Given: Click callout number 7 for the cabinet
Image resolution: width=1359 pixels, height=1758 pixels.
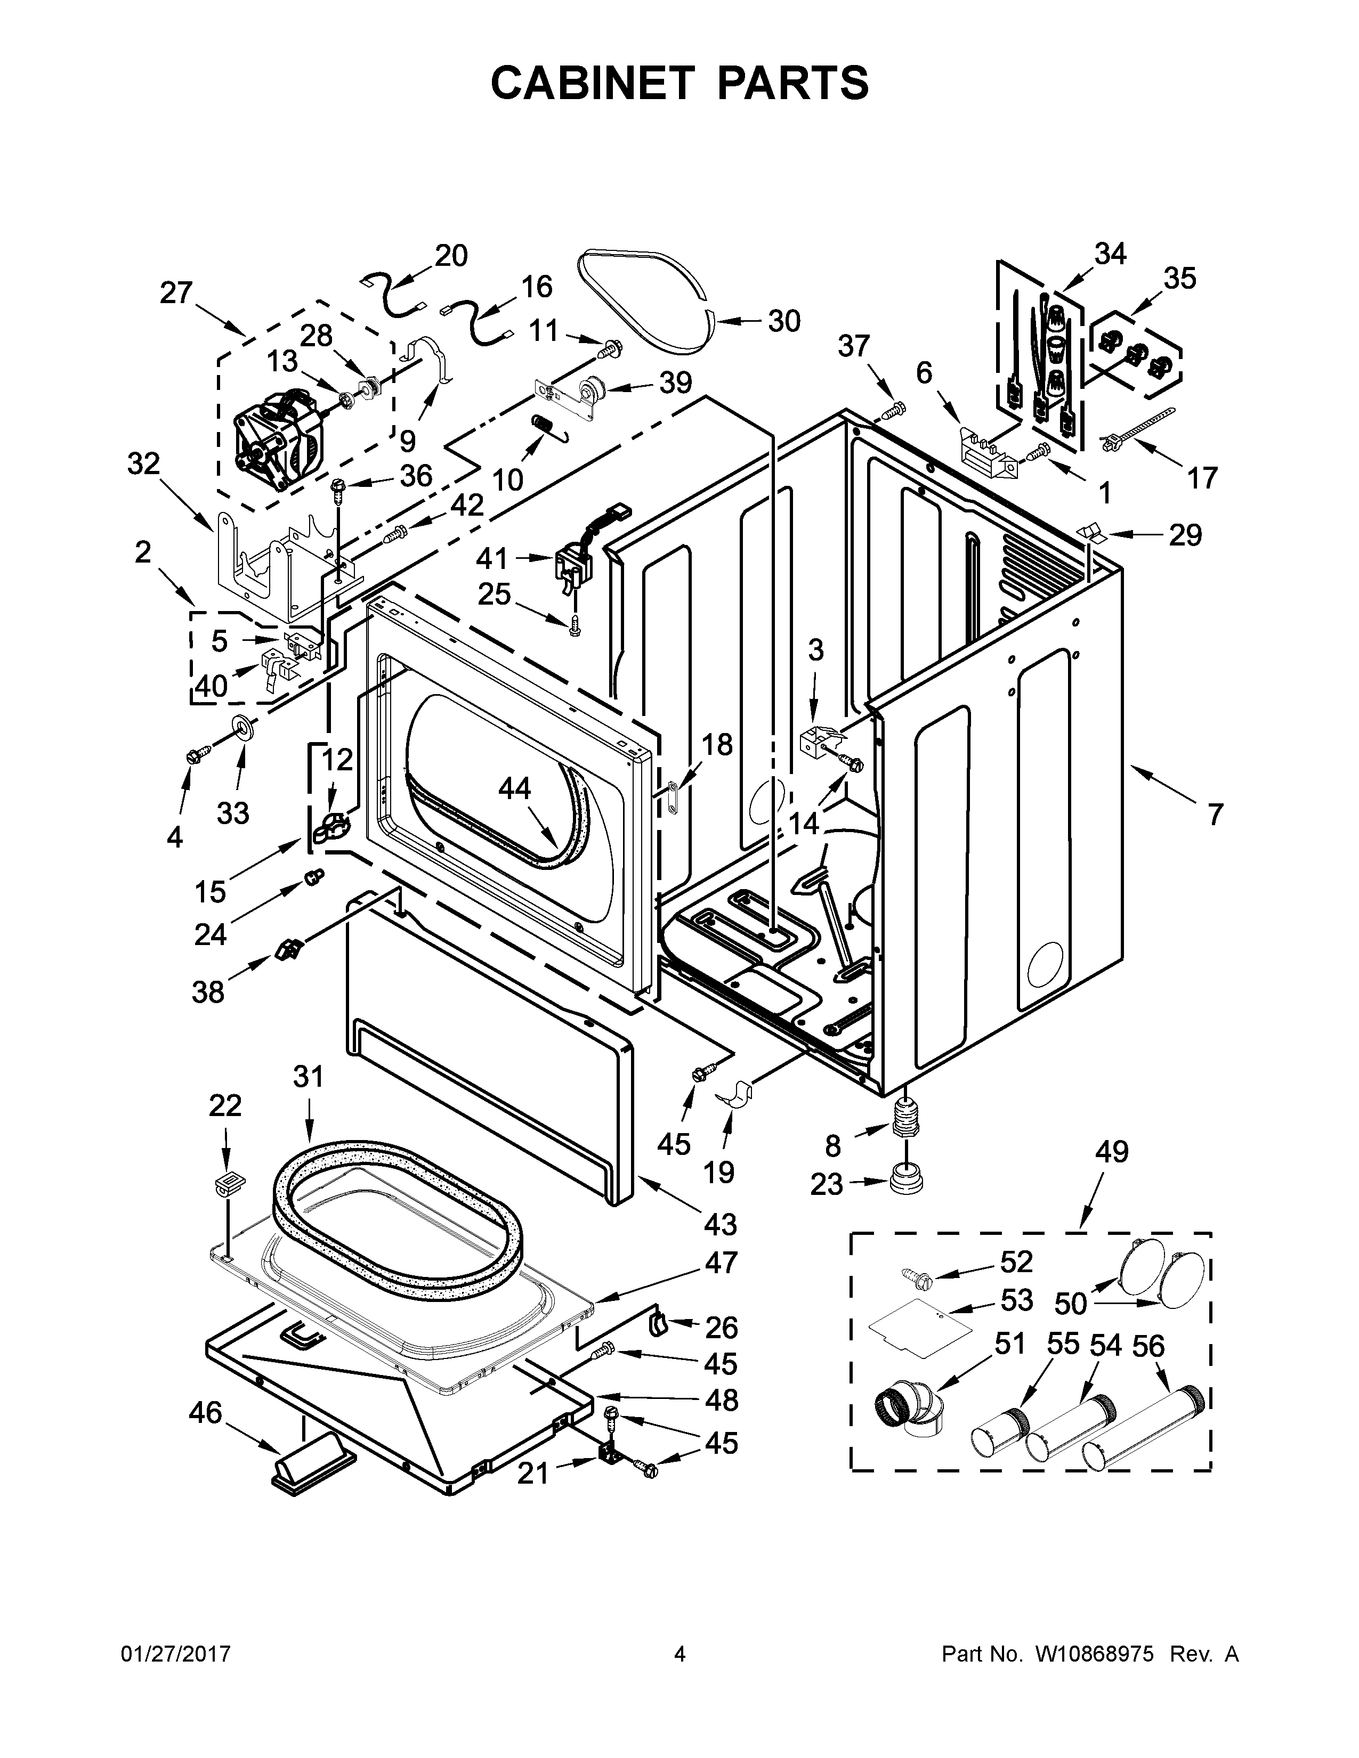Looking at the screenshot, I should [1214, 814].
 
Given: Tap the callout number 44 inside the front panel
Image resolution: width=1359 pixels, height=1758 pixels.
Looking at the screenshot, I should [514, 788].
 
